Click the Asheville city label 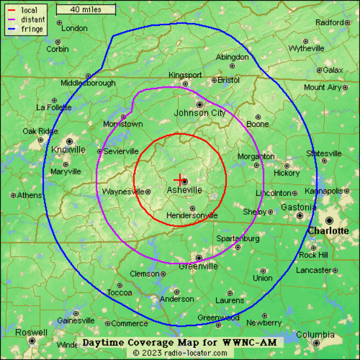pos(184,190)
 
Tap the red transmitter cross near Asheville pos(179,180)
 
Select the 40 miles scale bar pos(86,9)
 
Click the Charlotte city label pos(328,231)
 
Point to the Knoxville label pos(68,150)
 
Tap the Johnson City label pos(200,113)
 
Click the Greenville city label pos(198,266)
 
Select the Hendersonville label pos(192,216)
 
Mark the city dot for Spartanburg pos(236,247)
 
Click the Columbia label pos(315,335)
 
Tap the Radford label pos(330,22)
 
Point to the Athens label pos(29,195)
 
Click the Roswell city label pos(32,332)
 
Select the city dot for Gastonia pos(300,215)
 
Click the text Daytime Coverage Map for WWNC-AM pos(180,343)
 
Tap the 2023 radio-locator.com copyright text pos(180,352)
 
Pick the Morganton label pos(256,156)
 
